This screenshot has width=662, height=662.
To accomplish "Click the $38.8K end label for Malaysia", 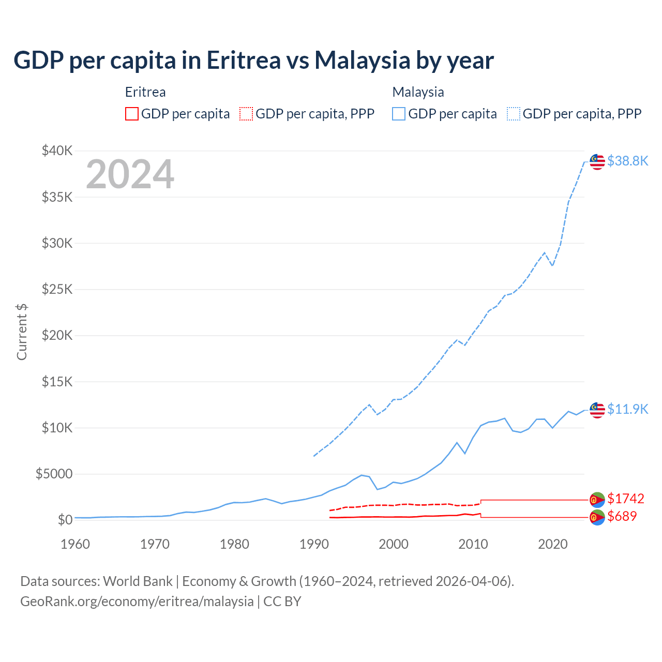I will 627,161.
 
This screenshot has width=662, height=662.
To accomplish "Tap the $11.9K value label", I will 627,409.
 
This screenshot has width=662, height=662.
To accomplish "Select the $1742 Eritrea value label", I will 625,499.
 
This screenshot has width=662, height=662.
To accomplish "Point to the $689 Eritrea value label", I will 622,516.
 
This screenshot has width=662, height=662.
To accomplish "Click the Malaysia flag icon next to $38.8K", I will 597,161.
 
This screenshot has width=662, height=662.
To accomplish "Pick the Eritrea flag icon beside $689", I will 597,517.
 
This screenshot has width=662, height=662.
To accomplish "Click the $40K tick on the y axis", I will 57,151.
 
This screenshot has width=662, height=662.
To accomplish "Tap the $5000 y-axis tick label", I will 54,474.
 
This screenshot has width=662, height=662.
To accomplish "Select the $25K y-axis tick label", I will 57,289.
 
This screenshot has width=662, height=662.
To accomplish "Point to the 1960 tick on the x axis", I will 76,544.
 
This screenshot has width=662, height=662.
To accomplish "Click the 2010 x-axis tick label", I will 473,544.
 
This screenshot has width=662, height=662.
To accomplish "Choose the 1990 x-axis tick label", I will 314,544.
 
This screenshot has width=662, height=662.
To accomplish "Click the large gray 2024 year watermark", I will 130,174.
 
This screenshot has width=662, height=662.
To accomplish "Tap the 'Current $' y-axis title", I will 22,332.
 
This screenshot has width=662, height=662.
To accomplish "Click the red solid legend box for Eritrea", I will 132,114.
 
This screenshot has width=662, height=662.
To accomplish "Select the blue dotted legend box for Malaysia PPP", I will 514,114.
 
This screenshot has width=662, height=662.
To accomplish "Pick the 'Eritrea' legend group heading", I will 145,92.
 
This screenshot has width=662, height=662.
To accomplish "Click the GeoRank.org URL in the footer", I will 137,601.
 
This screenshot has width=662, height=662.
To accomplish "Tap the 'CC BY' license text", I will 282,601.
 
